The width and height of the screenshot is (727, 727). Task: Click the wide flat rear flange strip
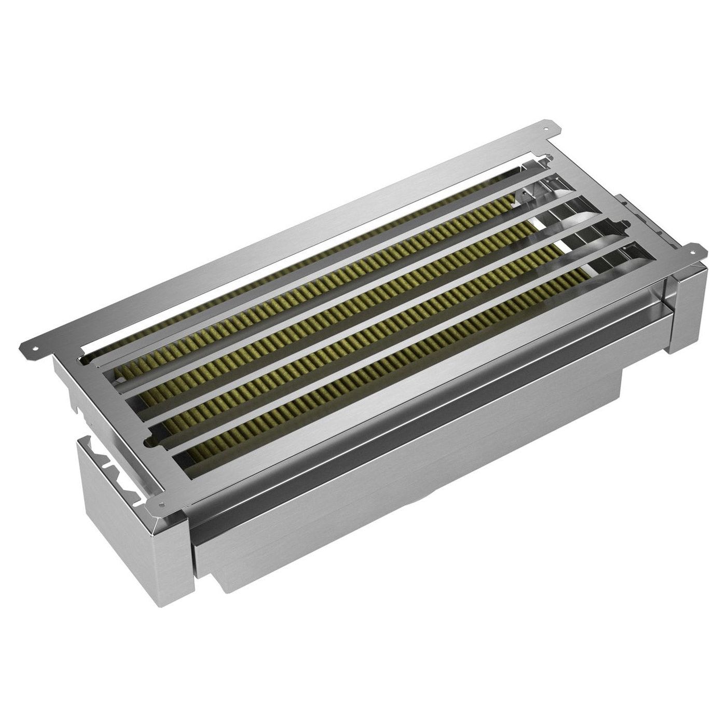tap(291, 228)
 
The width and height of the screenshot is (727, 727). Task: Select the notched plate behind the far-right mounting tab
tap(636, 210)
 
